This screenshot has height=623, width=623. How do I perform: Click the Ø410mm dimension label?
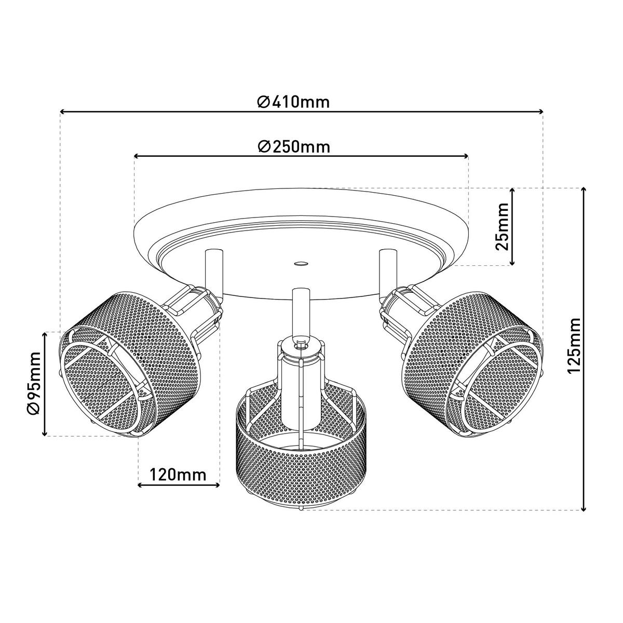coord(293,102)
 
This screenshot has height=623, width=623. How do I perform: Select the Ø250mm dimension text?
coord(294,147)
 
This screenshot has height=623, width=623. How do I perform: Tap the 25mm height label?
coord(502,226)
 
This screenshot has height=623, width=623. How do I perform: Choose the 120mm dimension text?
coord(178,475)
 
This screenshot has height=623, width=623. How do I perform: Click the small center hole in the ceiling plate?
coord(301,264)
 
